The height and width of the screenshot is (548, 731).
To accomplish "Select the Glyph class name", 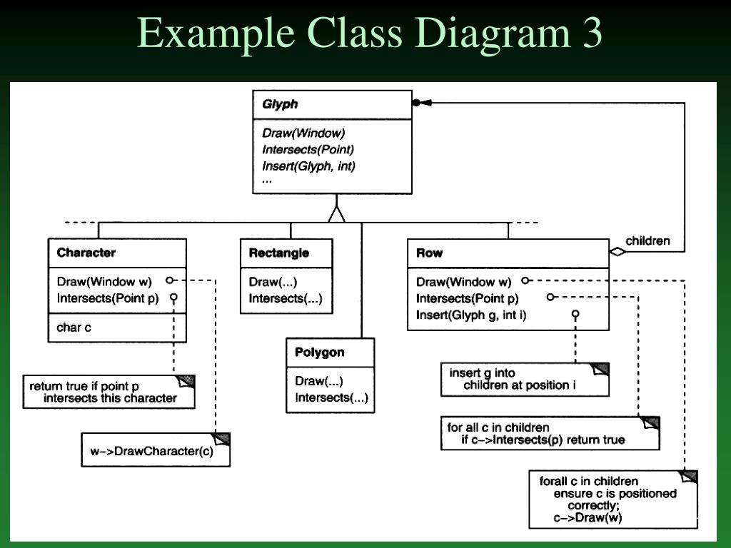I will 280,104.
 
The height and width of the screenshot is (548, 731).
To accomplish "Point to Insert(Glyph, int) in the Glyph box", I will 308,166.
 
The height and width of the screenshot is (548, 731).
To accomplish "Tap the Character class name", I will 86,253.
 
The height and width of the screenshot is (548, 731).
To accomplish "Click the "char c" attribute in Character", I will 74,328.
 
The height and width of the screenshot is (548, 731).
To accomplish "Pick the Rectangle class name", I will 278,253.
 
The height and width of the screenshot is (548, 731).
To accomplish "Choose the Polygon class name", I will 319,352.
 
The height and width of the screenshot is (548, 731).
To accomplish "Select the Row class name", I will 429,253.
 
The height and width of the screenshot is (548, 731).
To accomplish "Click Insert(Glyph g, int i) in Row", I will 471,314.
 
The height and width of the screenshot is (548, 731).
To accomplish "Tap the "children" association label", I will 647,240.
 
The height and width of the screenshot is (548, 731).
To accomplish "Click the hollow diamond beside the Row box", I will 616,251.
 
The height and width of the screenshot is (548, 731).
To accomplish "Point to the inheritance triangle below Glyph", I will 336,213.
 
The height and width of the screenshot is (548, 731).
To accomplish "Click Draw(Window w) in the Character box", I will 104,282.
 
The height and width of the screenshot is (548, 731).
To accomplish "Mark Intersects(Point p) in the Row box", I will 467,298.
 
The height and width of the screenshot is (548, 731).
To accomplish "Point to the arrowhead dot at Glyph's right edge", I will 417,103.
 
